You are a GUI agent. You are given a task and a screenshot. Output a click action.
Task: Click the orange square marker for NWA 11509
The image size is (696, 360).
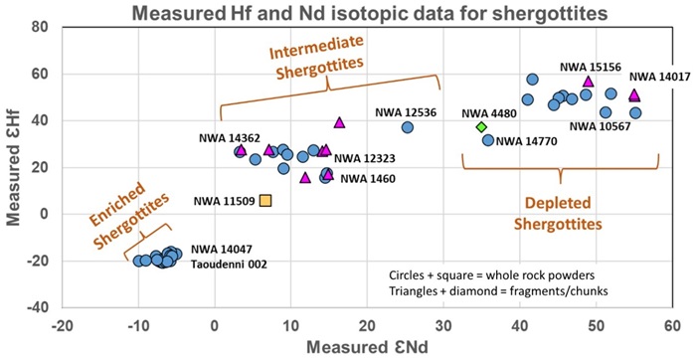pos(265,201)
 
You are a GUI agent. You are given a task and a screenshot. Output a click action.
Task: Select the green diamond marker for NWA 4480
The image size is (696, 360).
pos(481,127)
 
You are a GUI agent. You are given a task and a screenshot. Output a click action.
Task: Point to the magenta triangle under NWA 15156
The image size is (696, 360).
pos(589,82)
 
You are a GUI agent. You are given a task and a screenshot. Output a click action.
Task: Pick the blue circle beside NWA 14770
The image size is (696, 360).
pos(488,140)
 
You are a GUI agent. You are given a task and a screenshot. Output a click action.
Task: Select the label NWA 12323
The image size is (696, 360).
pos(365,158)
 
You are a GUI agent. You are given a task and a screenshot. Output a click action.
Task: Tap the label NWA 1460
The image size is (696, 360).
pos(368,179)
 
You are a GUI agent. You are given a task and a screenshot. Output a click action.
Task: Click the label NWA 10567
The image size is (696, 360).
pos(600,126)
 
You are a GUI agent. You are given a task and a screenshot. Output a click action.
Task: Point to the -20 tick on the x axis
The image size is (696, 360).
pos(62,325)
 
